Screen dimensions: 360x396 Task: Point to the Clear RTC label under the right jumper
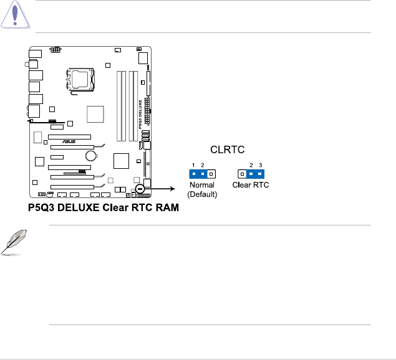[x=250, y=185]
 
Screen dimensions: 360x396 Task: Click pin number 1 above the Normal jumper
[x=194, y=165]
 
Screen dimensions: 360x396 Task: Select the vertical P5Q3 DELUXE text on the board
[x=139, y=112]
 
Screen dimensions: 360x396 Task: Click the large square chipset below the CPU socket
[x=95, y=114]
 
